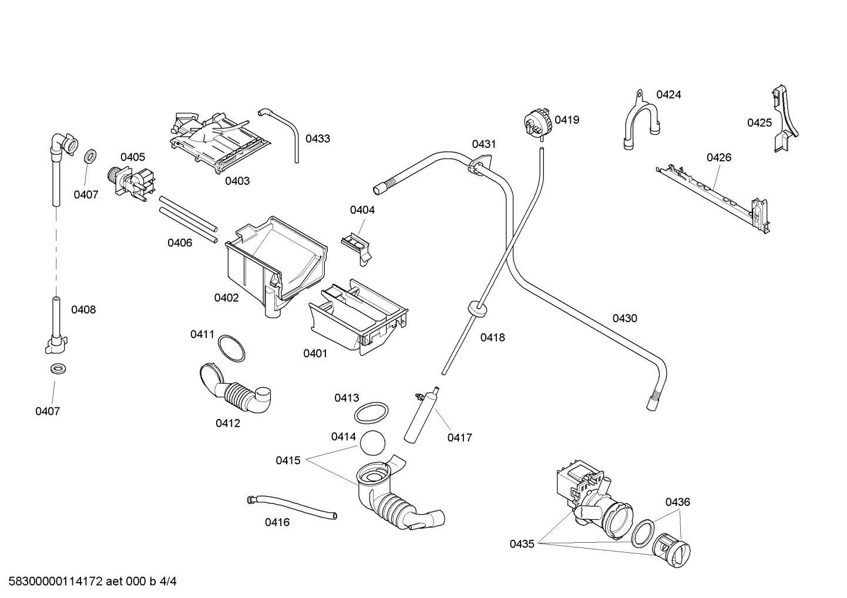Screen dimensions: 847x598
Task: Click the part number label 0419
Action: pyautogui.click(x=567, y=120)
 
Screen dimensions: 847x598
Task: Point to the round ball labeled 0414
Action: pyautogui.click(x=372, y=443)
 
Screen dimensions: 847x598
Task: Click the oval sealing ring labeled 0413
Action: pyautogui.click(x=371, y=413)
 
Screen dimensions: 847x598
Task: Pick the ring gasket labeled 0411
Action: pyautogui.click(x=231, y=348)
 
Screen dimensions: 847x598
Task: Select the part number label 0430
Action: pyautogui.click(x=624, y=319)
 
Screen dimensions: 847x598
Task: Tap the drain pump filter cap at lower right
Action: pyautogui.click(x=671, y=550)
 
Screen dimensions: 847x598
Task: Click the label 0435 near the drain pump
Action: pyautogui.click(x=522, y=544)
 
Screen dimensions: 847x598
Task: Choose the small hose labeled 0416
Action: pyautogui.click(x=291, y=508)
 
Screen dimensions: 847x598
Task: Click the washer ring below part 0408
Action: pyautogui.click(x=58, y=368)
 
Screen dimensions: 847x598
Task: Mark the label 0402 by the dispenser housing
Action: pyautogui.click(x=227, y=298)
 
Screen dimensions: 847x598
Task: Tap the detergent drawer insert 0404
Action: pyautogui.click(x=356, y=248)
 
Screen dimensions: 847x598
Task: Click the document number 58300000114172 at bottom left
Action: pyautogui.click(x=55, y=582)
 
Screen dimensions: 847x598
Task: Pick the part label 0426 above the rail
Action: pyautogui.click(x=719, y=157)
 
